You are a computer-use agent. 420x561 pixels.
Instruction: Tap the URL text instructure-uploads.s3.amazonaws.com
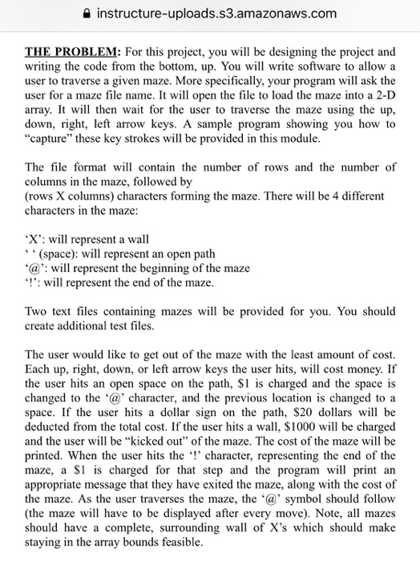tap(216, 13)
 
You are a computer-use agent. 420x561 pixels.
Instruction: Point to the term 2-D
tap(385, 95)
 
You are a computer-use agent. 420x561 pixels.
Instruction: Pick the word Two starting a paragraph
tap(38, 312)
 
